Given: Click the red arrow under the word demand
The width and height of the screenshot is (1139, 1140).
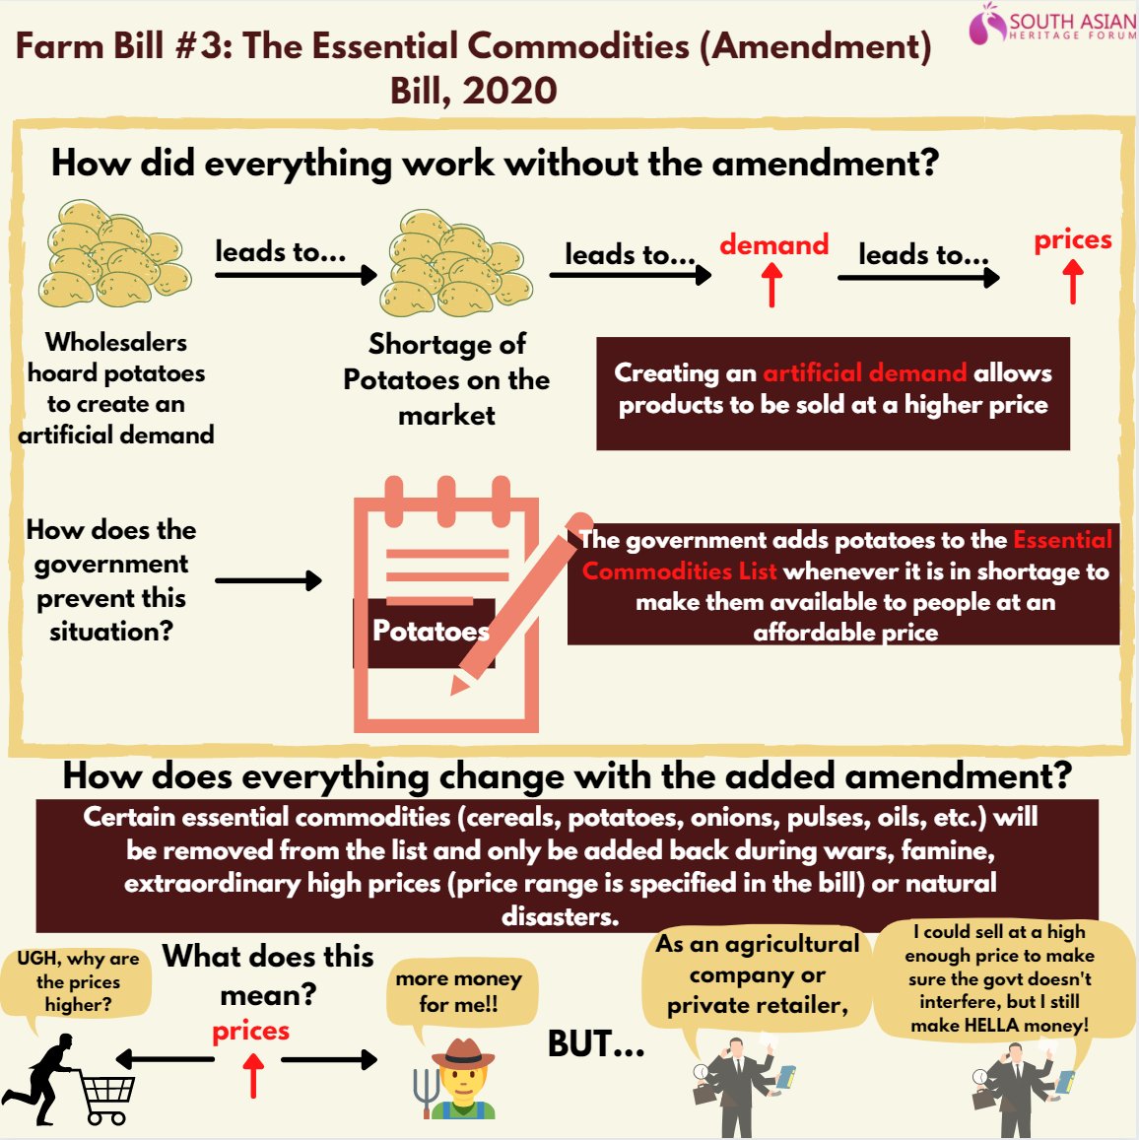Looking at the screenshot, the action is [772, 286].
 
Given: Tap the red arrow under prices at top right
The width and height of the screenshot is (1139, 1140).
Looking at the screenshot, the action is [1073, 282].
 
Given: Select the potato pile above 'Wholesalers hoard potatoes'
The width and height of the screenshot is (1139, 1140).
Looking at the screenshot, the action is [113, 254].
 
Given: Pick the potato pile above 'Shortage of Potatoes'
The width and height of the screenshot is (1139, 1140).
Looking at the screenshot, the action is [454, 263].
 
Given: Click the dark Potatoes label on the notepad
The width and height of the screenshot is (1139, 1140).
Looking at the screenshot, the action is [425, 632].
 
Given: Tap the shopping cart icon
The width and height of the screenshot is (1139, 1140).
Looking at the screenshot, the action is [106, 1099].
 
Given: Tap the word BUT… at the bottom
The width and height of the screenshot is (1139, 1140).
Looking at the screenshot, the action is [595, 1043].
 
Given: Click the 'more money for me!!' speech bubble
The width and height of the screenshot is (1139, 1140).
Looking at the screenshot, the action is [459, 991].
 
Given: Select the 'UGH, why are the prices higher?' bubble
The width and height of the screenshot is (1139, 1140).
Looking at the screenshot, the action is [78, 982].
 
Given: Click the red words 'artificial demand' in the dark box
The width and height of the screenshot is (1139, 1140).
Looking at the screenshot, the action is [864, 372].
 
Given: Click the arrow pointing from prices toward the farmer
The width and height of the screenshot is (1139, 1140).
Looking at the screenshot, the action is [328, 1059].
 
